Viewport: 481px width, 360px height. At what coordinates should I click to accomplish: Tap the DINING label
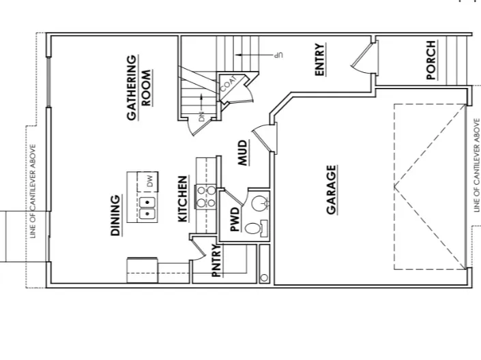(116, 215)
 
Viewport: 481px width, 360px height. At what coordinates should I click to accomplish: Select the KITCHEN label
(183, 199)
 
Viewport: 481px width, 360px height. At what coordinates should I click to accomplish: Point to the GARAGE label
(332, 190)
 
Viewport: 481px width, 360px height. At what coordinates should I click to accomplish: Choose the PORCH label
(431, 60)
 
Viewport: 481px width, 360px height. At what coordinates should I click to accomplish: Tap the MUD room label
(242, 153)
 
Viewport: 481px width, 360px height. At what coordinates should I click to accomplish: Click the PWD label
(234, 220)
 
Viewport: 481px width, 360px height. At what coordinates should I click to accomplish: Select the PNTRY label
(216, 260)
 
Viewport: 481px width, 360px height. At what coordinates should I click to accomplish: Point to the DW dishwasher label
(149, 181)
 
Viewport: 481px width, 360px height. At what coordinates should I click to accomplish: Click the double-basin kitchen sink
(148, 208)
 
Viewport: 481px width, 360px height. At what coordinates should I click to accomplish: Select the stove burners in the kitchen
(207, 196)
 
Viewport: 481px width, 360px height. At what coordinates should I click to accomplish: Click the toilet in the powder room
(253, 229)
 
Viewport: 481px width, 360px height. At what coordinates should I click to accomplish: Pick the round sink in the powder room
(259, 202)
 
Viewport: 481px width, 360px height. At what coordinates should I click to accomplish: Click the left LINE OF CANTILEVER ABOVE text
(33, 191)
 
